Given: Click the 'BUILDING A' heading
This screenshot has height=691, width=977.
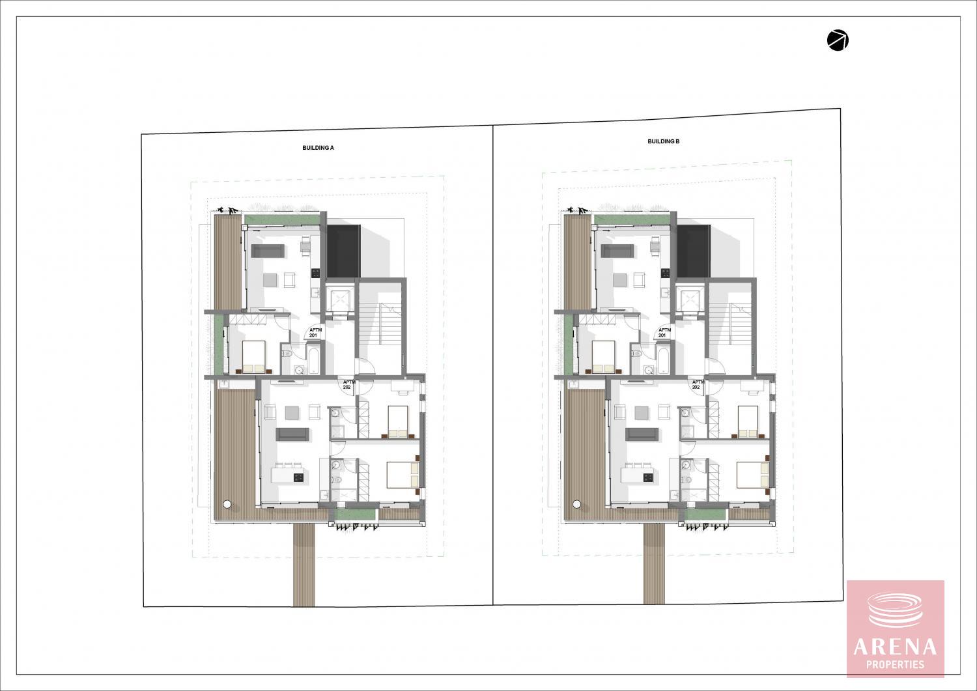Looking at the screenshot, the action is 318,148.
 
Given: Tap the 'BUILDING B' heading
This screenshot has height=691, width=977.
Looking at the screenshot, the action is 664,141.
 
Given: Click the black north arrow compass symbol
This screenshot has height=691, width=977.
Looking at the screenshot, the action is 838,40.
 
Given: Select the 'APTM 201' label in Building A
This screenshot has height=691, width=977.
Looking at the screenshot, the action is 315,332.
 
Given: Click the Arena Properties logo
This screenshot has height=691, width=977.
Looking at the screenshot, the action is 896,628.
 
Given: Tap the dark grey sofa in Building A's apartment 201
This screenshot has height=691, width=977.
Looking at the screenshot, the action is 268,251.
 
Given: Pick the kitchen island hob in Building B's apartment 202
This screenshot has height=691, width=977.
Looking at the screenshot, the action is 647,477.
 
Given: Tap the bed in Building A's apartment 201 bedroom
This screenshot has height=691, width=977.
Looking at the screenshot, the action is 253,356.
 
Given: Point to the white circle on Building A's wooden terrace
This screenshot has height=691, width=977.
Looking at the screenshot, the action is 227,504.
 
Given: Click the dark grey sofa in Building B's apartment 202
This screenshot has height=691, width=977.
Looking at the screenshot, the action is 642,434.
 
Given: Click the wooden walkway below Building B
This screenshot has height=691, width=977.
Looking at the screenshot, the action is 654,564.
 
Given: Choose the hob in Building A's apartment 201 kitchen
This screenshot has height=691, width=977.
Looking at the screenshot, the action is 316,274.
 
